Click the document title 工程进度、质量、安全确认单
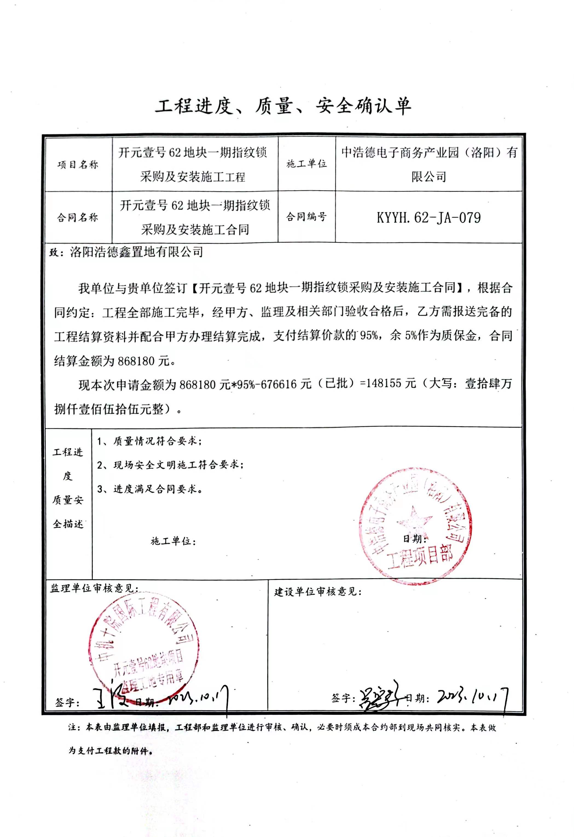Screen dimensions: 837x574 click(x=283, y=106)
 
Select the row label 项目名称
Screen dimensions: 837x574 click(x=78, y=165)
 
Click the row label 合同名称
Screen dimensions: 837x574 click(x=77, y=217)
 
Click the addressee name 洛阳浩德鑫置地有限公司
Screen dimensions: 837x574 click(x=137, y=252)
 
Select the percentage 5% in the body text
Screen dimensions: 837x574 click(x=411, y=336)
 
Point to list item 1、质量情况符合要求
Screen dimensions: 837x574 click(x=149, y=441)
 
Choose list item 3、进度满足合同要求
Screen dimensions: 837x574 click(x=149, y=489)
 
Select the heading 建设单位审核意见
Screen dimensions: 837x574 click(x=318, y=592)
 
